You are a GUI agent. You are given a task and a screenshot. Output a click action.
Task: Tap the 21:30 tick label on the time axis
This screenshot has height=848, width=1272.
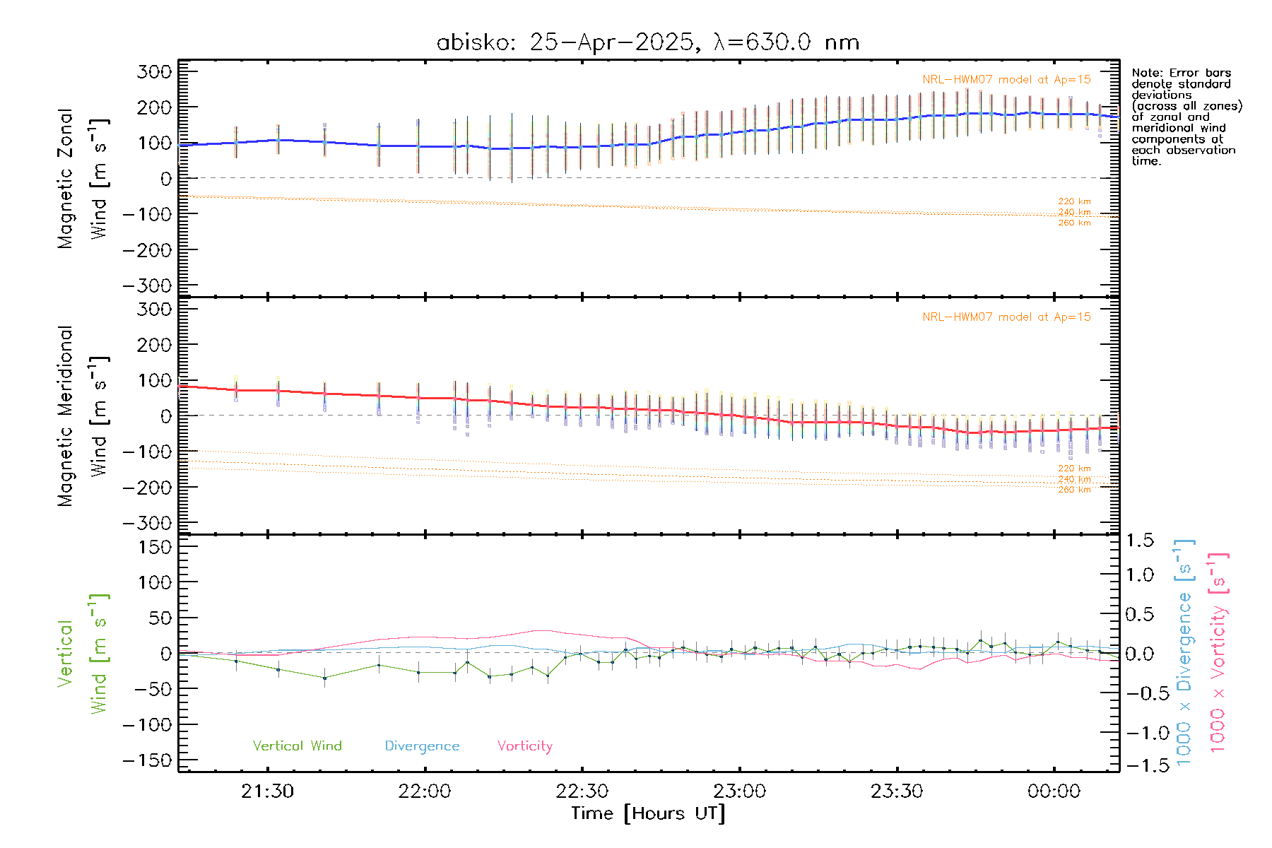(267, 791)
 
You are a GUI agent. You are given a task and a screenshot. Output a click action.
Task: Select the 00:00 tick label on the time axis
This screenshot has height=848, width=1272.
(1054, 791)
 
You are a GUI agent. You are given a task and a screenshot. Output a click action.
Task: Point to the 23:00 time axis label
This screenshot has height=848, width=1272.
(739, 791)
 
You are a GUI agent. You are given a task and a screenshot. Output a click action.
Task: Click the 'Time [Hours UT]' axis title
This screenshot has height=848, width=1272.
(648, 813)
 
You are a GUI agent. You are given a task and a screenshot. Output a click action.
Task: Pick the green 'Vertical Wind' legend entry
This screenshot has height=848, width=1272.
(297, 746)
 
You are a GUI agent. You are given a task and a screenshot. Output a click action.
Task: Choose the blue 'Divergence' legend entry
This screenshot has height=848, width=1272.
(422, 746)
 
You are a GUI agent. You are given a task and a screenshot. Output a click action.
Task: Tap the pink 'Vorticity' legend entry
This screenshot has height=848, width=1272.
(524, 746)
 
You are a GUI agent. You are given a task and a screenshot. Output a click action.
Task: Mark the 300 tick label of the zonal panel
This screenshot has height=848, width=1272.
(154, 71)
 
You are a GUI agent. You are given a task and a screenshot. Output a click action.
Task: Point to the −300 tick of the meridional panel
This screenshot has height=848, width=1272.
(147, 524)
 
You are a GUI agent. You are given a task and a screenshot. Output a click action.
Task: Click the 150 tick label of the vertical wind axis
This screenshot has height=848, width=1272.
(154, 547)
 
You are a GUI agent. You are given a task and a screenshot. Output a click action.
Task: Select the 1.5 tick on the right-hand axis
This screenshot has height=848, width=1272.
(1140, 541)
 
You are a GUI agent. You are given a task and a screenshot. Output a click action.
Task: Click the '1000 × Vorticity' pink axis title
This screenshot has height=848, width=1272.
(1218, 652)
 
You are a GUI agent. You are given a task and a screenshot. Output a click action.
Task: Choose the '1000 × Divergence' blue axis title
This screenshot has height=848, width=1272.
(1184, 652)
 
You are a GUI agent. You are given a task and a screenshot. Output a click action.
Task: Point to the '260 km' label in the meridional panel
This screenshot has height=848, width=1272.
(1074, 490)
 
